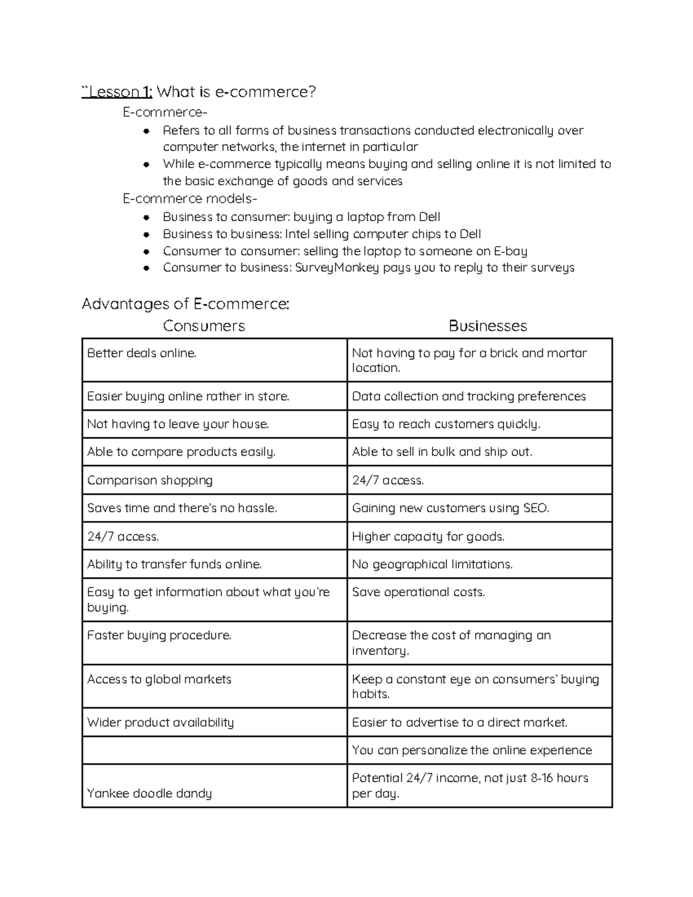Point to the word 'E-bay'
coord(511,251)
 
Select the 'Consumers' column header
coord(204,326)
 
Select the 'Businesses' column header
coord(487,326)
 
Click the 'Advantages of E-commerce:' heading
coord(185,304)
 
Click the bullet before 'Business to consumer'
coord(147,218)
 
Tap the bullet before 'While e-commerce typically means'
coord(147,165)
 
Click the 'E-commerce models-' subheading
coord(190,199)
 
